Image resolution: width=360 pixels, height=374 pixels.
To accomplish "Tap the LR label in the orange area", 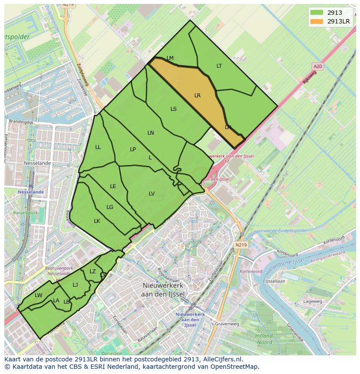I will pyautogui.click(x=197, y=96).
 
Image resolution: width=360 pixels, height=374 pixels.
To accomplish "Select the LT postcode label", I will pyautogui.click(x=219, y=66).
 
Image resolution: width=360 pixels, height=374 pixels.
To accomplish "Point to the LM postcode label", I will pyautogui.click(x=170, y=58).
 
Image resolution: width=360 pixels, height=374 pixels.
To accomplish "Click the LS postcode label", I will pyautogui.click(x=173, y=109).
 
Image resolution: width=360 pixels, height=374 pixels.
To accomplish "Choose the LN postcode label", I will pyautogui.click(x=150, y=133).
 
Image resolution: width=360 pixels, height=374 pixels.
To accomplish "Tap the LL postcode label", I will pyautogui.click(x=98, y=147).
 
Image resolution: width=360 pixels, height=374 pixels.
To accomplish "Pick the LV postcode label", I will pyautogui.click(x=151, y=194).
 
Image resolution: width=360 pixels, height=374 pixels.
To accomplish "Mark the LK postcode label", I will pyautogui.click(x=97, y=221).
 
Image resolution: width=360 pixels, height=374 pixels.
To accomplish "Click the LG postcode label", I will pyautogui.click(x=110, y=207).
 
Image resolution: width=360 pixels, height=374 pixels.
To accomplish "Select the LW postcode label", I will pyautogui.click(x=39, y=295).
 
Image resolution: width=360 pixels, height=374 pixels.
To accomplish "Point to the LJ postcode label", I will pyautogui.click(x=75, y=285).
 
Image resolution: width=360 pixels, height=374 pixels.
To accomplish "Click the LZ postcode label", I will pyautogui.click(x=93, y=271).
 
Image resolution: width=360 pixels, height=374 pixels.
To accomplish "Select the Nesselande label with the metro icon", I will pyautogui.click(x=30, y=192).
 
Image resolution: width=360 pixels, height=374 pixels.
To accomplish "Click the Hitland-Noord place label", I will pyautogui.click(x=264, y=339).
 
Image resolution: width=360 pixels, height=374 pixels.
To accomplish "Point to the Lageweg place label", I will pyautogui.click(x=313, y=301).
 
